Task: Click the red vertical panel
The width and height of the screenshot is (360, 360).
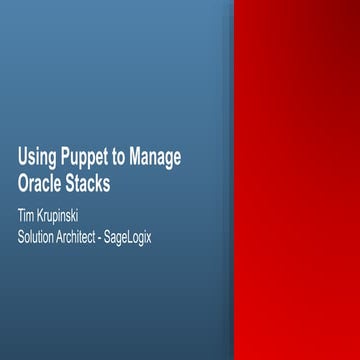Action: (295, 180)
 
